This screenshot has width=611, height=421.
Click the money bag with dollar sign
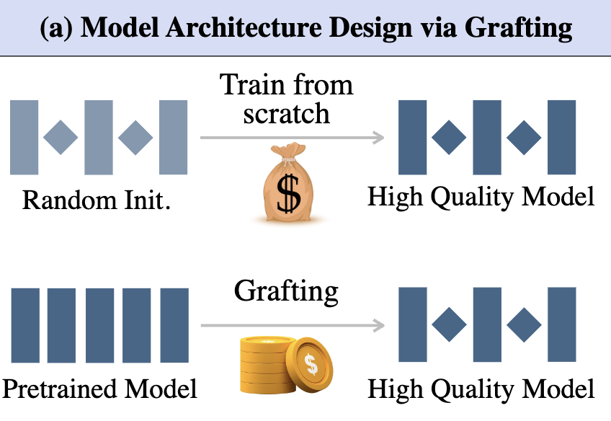tap(287, 185)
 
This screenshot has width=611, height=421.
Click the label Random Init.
tap(97, 198)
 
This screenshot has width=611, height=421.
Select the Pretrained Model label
tap(100, 389)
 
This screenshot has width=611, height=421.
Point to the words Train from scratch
tap(287, 99)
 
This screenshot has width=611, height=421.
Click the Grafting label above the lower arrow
tap(286, 291)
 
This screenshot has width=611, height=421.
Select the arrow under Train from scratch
tap(292, 137)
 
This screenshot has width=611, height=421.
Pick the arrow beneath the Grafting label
tap(292, 326)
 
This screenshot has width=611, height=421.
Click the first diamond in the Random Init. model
tap(61, 137)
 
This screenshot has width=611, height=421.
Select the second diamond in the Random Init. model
tap(135, 137)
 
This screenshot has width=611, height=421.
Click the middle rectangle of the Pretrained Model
tap(99, 324)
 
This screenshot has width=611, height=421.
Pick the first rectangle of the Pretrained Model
tap(25, 324)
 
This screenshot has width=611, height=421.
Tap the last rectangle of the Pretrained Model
tap(174, 324)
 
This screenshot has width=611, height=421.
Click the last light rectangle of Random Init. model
tap(173, 137)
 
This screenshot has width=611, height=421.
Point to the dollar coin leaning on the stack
tap(311, 364)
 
